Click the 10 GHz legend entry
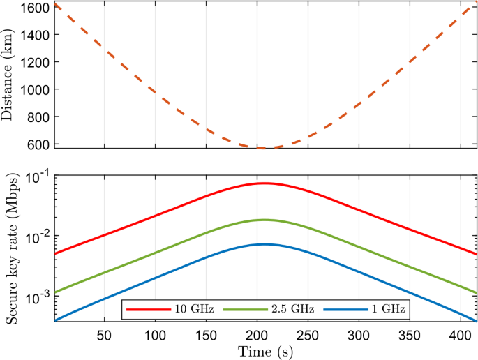(181, 308)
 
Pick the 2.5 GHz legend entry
(283, 308)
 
